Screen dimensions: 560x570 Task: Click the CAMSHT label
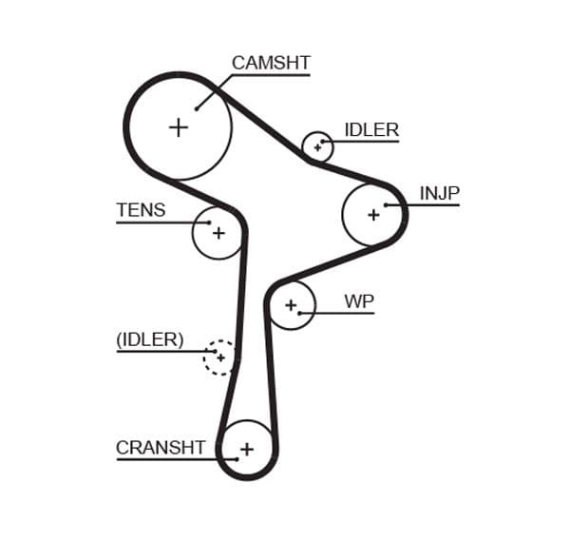tap(271, 64)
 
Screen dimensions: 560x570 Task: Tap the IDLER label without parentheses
tap(371, 130)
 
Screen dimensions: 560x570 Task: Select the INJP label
tap(439, 193)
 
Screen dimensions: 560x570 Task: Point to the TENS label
tap(141, 210)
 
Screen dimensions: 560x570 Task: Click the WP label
tap(359, 301)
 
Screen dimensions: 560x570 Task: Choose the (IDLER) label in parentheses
tap(150, 339)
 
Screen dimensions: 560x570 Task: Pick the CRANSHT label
tap(161, 447)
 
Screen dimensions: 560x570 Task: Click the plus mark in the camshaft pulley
tap(179, 126)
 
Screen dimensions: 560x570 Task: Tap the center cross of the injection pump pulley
tap(373, 215)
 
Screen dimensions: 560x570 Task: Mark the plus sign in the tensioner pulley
tap(218, 232)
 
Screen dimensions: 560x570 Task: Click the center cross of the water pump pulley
tap(291, 305)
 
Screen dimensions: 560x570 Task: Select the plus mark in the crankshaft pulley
tap(247, 449)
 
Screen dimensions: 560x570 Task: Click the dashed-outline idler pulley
tap(220, 357)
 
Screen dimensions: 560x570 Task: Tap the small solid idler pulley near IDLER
tap(317, 147)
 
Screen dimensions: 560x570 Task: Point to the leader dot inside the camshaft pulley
tap(197, 108)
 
